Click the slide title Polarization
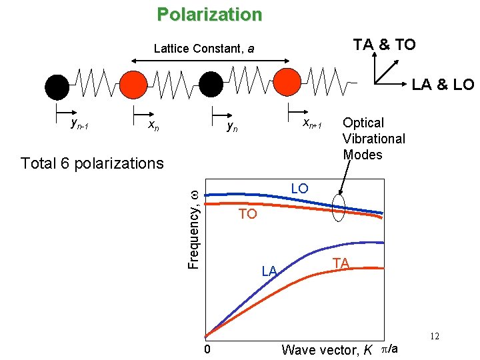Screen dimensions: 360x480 (x=209, y=14)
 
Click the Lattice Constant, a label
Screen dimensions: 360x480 (x=203, y=49)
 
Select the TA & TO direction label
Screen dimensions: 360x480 (x=384, y=45)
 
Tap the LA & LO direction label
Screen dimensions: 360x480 (x=442, y=85)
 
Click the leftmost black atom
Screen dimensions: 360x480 (x=57, y=85)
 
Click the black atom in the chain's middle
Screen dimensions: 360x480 (x=211, y=85)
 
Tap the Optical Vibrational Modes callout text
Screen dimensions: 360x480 (x=373, y=139)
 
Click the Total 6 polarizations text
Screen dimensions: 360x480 (x=92, y=163)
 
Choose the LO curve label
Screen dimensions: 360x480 (x=299, y=189)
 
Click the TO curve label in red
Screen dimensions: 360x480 (x=248, y=214)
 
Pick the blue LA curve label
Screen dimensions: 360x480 (x=269, y=271)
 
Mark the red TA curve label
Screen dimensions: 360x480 (x=341, y=263)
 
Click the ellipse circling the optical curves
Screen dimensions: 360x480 (x=339, y=207)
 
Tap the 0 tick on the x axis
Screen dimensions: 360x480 (x=208, y=349)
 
